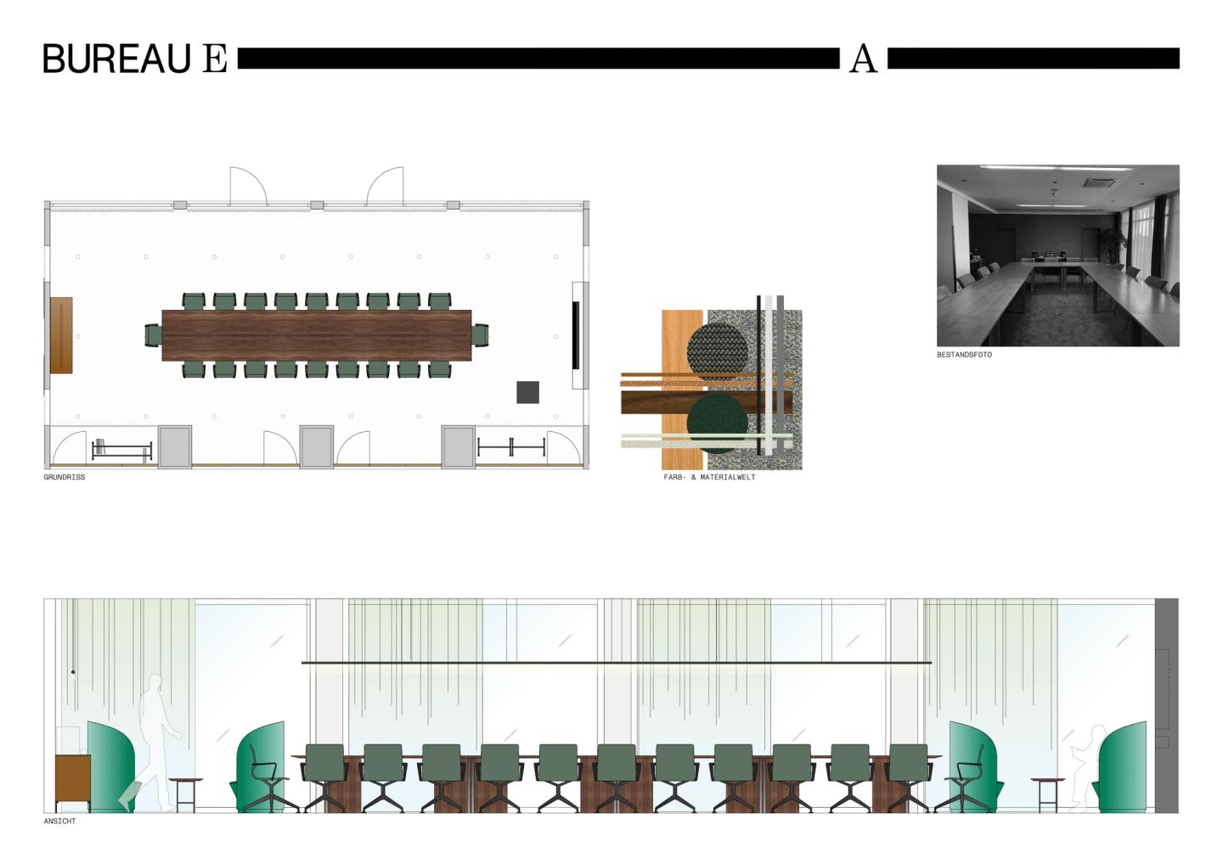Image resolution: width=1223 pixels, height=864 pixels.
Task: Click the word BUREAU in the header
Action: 116,59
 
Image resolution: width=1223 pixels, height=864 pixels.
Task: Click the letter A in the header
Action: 863,59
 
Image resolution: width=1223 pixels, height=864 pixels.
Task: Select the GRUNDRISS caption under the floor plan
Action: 65,478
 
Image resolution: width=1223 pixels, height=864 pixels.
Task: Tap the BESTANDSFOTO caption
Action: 964,355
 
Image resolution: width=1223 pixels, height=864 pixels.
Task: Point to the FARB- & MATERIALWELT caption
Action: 709,478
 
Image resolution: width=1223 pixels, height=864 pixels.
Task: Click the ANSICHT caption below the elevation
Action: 59,822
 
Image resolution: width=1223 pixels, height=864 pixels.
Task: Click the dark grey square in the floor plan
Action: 527,392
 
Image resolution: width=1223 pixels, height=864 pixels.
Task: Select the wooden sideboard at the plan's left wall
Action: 60,334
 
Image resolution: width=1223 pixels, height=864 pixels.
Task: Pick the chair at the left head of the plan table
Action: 153,335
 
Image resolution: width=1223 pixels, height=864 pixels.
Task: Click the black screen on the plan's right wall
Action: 576,334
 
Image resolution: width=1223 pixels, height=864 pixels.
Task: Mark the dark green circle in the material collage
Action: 717,423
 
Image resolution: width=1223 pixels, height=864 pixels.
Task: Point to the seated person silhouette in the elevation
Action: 1085,764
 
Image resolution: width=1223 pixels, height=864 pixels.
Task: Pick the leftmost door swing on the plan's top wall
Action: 248,186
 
